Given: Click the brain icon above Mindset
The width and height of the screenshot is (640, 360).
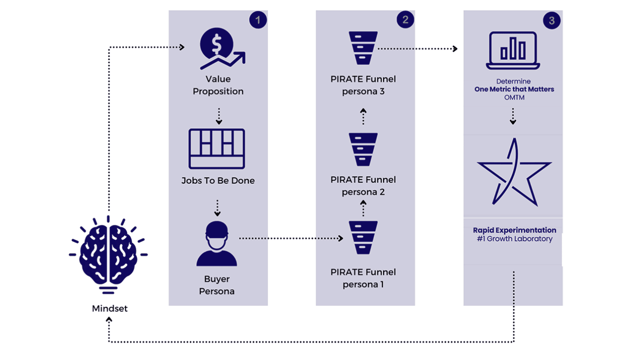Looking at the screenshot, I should click(x=108, y=254).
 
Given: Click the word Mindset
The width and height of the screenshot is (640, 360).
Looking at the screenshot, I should click(x=110, y=309).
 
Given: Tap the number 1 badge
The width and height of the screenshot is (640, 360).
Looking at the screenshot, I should click(x=258, y=20).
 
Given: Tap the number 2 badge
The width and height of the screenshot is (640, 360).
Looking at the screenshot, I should click(x=405, y=20).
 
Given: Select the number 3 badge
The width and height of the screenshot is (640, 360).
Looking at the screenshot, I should click(x=552, y=21).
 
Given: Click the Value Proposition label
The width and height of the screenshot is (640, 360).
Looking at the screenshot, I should click(x=218, y=85).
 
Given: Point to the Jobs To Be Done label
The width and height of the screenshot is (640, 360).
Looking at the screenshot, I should click(x=218, y=180).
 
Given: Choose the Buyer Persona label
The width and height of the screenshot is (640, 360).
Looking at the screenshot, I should click(x=217, y=285).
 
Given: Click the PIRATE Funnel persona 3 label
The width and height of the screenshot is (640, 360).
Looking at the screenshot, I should click(x=363, y=85).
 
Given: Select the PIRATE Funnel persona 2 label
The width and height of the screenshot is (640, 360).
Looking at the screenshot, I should click(x=363, y=186).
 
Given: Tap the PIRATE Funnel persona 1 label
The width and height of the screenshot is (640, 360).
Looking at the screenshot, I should click(x=363, y=278).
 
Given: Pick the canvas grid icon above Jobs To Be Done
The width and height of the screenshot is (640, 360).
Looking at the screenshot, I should click(x=217, y=148).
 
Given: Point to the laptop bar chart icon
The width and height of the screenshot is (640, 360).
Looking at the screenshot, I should click(x=513, y=50).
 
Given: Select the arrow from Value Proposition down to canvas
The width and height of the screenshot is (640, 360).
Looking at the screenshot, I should click(x=219, y=116).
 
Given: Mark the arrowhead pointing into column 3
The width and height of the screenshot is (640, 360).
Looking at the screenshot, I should click(x=455, y=49).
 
